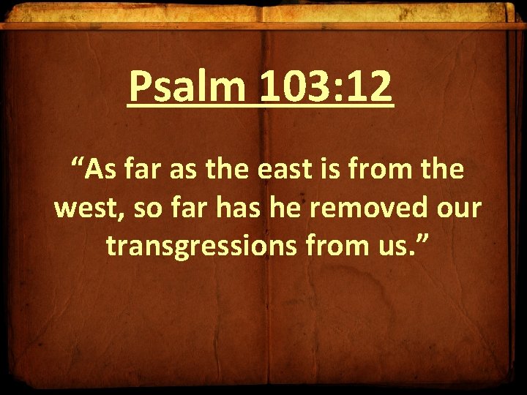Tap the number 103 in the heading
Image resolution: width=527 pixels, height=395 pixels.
[x=294, y=87]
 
